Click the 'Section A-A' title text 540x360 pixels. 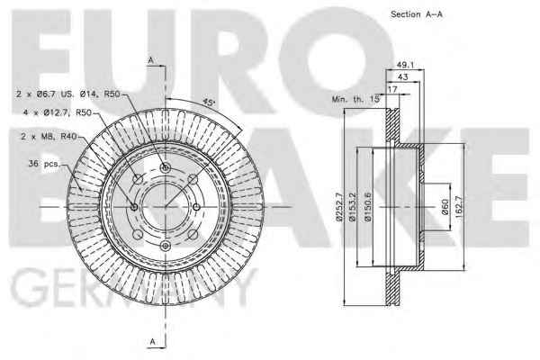pos(417,14)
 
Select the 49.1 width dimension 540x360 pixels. pos(405,65)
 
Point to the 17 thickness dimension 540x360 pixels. pos(392,89)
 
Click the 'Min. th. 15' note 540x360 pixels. pos(355,99)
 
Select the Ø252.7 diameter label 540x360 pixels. pos(339,207)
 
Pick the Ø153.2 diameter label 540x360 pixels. pos(352,207)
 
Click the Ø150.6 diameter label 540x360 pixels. pos(368,207)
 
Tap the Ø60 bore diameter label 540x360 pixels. pos(445,207)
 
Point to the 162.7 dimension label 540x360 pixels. pos(458,207)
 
